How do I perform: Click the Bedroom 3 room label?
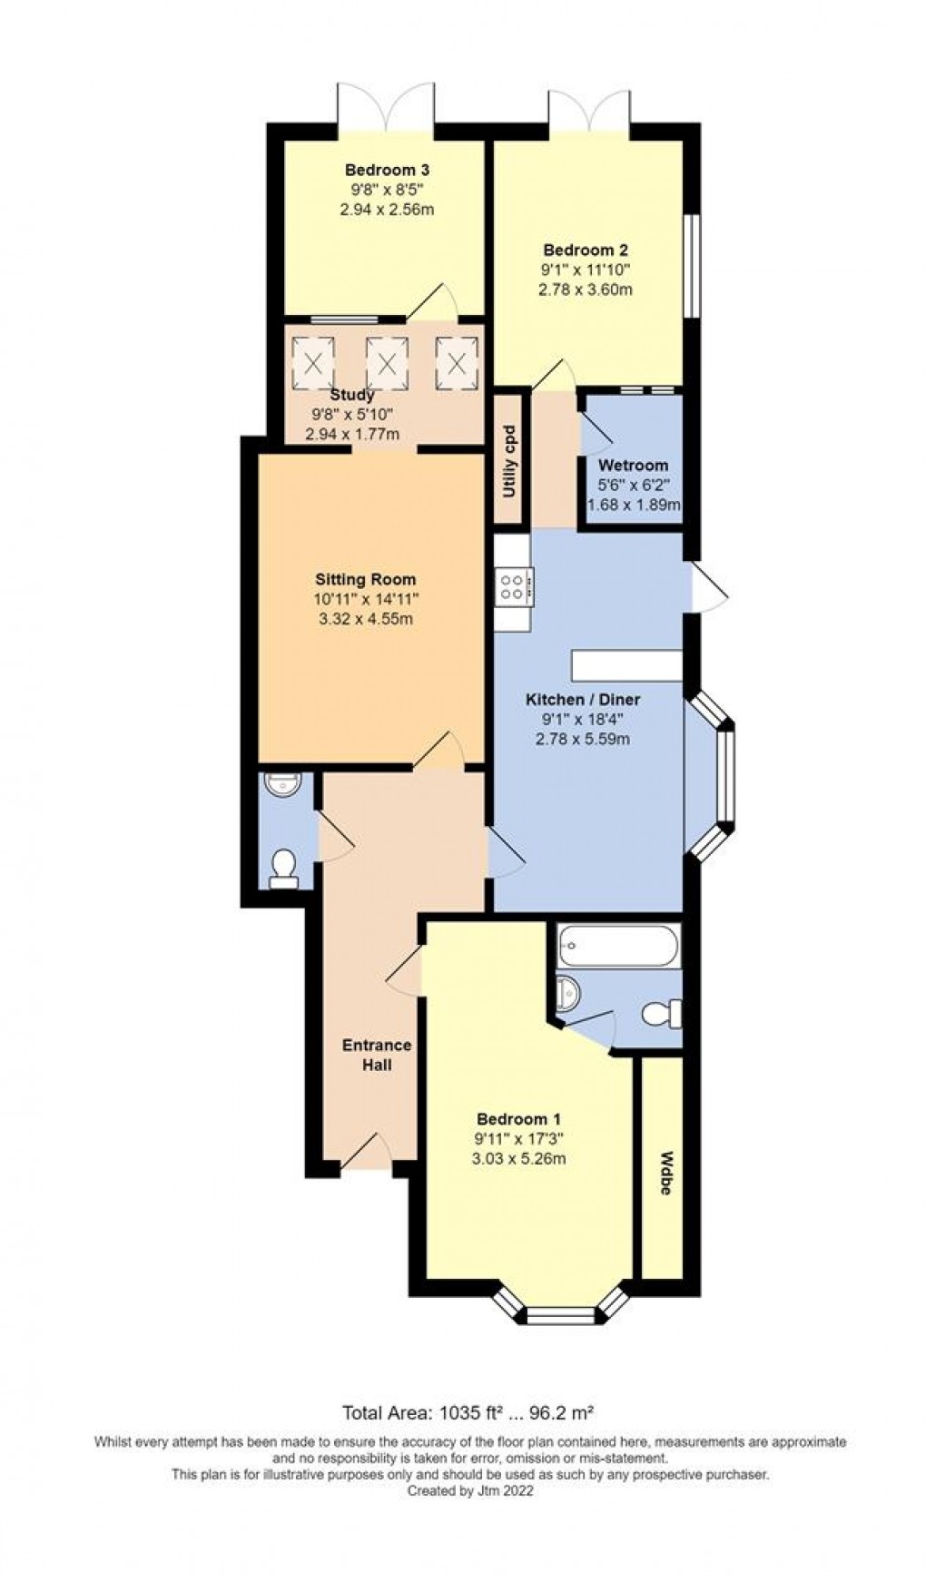[386, 170]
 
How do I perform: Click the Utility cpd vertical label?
[509, 461]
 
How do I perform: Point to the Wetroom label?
[633, 466]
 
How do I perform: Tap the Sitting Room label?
[365, 579]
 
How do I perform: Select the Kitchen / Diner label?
[583, 699]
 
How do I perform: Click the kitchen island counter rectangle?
[626, 664]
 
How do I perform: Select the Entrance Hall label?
[376, 1055]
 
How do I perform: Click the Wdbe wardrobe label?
[665, 1173]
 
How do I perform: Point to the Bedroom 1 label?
[512, 1119]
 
